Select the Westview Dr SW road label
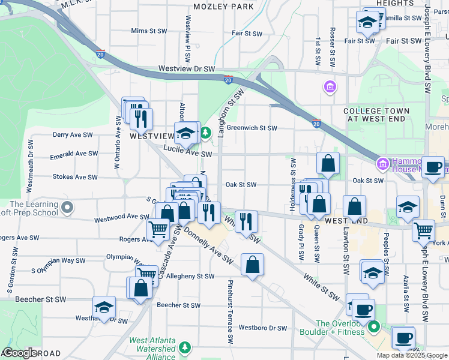[187, 69]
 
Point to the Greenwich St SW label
[252, 128]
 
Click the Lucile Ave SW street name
[189, 154]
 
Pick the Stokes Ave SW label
[75, 177]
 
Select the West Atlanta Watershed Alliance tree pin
[185, 347]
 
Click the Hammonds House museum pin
[382, 164]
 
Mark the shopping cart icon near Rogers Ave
[158, 229]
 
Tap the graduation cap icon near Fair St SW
[367, 23]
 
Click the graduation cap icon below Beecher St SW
[104, 307]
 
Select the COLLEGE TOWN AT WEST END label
[376, 115]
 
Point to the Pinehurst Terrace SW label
[230, 311]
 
